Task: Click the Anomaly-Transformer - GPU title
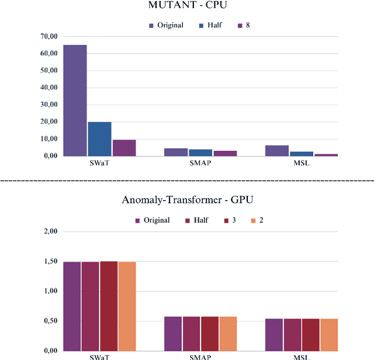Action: tap(187, 200)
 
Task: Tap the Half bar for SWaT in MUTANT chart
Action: tap(99, 139)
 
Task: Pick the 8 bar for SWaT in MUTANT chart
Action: tap(124, 148)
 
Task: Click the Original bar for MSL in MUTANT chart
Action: tap(278, 151)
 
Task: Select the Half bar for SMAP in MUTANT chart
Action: tap(200, 153)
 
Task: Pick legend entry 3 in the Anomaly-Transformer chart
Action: tap(230, 220)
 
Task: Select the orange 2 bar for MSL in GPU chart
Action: tap(329, 334)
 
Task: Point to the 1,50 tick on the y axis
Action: tap(50, 261)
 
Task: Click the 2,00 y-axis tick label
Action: tap(50, 231)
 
